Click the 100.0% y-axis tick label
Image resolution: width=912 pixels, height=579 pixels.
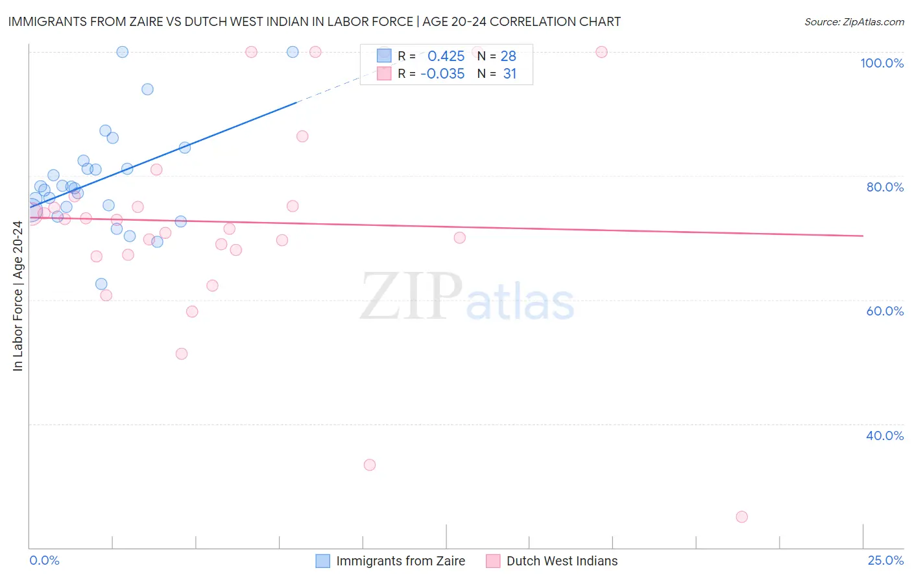click(x=882, y=63)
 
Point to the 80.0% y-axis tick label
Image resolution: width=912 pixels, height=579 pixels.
click(x=885, y=187)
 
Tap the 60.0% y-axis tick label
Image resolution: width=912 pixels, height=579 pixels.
click(x=885, y=311)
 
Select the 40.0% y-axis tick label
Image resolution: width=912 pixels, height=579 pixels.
click(x=885, y=436)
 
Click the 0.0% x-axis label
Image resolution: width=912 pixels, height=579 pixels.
click(x=44, y=560)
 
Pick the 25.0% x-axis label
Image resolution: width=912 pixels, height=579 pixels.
click(x=885, y=560)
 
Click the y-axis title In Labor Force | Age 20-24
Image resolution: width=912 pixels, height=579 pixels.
click(x=18, y=296)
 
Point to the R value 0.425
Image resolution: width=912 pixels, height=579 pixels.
click(x=446, y=56)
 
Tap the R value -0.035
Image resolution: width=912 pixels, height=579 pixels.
click(x=442, y=74)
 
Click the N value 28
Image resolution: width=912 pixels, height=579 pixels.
click(x=508, y=56)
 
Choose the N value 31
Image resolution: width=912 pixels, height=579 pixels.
click(x=510, y=74)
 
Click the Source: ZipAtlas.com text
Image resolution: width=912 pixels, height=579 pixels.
click(x=854, y=22)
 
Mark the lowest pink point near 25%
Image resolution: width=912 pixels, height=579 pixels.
click(x=741, y=517)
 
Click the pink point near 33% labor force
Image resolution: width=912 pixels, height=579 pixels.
click(x=370, y=465)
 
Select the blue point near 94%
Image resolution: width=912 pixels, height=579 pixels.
click(x=147, y=89)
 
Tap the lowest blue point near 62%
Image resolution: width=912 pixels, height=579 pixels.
click(x=101, y=284)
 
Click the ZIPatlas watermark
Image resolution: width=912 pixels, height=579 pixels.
click(x=467, y=297)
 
